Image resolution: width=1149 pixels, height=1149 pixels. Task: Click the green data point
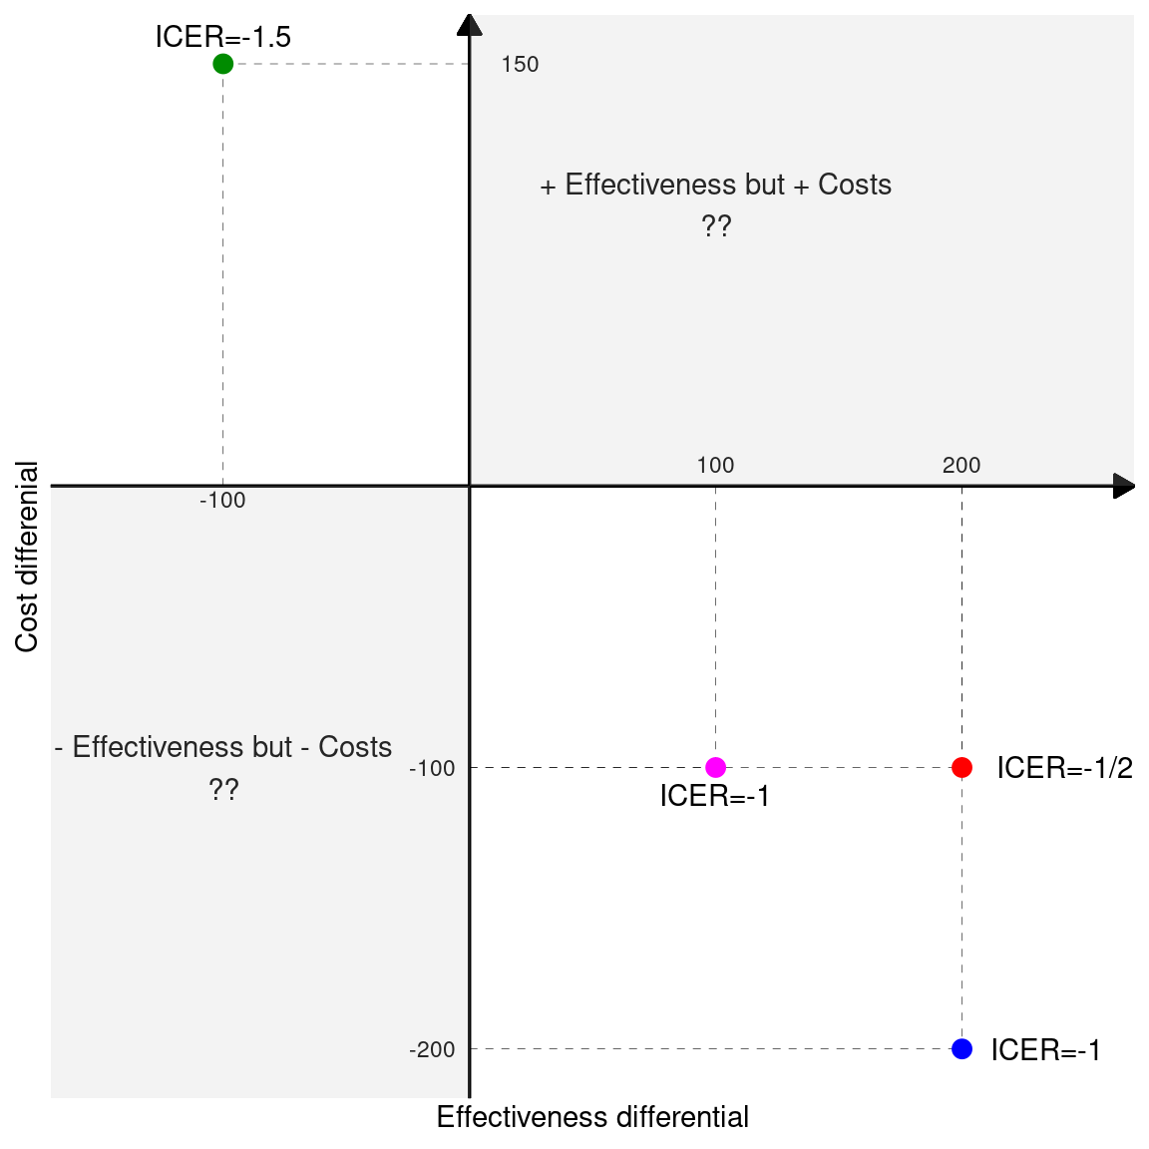222,64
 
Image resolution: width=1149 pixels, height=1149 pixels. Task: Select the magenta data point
715,767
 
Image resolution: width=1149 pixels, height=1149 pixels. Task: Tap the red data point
961,767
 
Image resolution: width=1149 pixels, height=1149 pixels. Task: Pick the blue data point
961,1048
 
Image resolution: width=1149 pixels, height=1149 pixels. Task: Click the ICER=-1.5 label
222,37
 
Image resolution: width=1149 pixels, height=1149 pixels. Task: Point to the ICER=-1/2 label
1064,768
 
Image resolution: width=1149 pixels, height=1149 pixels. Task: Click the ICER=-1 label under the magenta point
715,796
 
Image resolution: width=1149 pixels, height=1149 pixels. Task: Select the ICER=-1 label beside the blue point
1045,1050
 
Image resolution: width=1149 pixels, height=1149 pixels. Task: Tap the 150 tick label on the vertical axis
520,65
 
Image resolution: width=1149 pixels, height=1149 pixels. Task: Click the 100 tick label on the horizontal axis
715,465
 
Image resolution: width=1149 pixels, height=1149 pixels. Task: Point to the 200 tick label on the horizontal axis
961,465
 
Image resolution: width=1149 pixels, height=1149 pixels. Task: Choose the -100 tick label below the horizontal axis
222,501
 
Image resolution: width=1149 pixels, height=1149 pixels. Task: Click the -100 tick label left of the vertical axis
432,768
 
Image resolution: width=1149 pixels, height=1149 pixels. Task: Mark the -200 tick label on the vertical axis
432,1049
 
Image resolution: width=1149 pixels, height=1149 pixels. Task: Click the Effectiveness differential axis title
592,1117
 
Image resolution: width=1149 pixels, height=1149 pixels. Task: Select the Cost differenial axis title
27,557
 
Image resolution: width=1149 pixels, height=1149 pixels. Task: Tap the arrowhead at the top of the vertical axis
469,24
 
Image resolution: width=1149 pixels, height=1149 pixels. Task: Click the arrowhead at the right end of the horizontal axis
1124,486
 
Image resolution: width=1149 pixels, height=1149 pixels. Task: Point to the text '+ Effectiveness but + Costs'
715,186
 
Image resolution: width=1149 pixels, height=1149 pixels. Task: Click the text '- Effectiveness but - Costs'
223,747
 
